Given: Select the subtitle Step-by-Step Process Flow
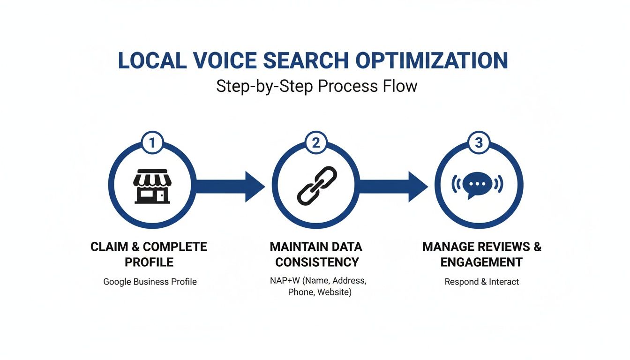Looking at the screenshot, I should point(316,86).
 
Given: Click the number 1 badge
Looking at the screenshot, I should point(152,142).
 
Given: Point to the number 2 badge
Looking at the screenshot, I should point(316,142).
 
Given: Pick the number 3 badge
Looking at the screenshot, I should point(479,142).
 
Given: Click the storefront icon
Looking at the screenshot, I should point(151,186).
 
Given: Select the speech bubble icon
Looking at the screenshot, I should point(479,185).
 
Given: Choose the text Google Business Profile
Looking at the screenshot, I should point(150,282).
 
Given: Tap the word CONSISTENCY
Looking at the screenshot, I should point(315,262).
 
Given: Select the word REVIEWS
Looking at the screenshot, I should point(498,247).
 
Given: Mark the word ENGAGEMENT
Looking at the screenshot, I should point(481,262).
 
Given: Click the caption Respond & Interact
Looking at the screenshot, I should point(481,282).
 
